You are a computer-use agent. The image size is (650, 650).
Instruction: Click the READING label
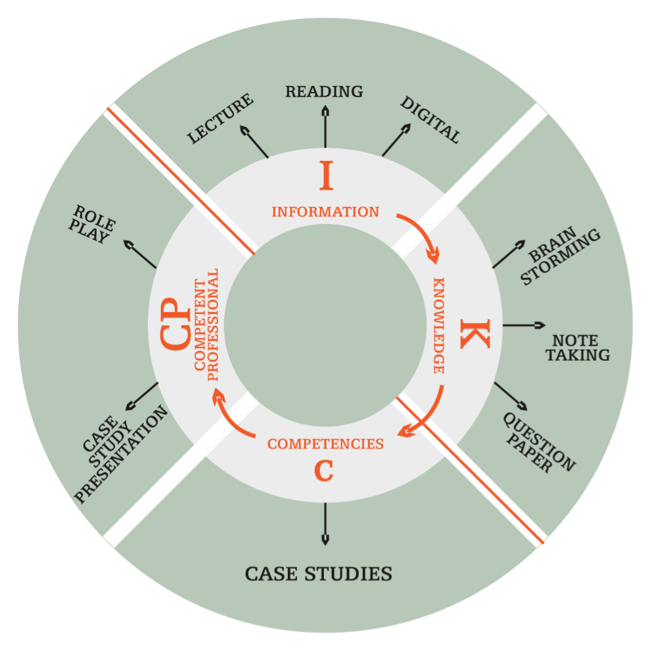[x=324, y=91]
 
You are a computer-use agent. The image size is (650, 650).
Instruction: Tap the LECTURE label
[x=220, y=119]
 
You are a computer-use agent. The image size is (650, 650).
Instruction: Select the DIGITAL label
[x=430, y=120]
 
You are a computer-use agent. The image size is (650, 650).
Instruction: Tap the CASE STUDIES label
[x=319, y=574]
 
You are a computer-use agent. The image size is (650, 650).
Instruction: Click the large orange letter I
[x=326, y=176]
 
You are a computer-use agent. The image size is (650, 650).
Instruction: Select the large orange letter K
[x=475, y=333]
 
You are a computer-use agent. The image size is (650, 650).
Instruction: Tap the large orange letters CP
[x=173, y=325]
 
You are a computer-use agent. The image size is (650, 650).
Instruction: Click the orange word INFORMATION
[x=325, y=212]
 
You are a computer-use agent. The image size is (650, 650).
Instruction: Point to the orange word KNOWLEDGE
[x=438, y=326]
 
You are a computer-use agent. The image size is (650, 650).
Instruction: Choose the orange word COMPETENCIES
[x=325, y=444]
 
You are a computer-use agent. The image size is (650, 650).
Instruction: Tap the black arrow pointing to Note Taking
[x=524, y=325]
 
